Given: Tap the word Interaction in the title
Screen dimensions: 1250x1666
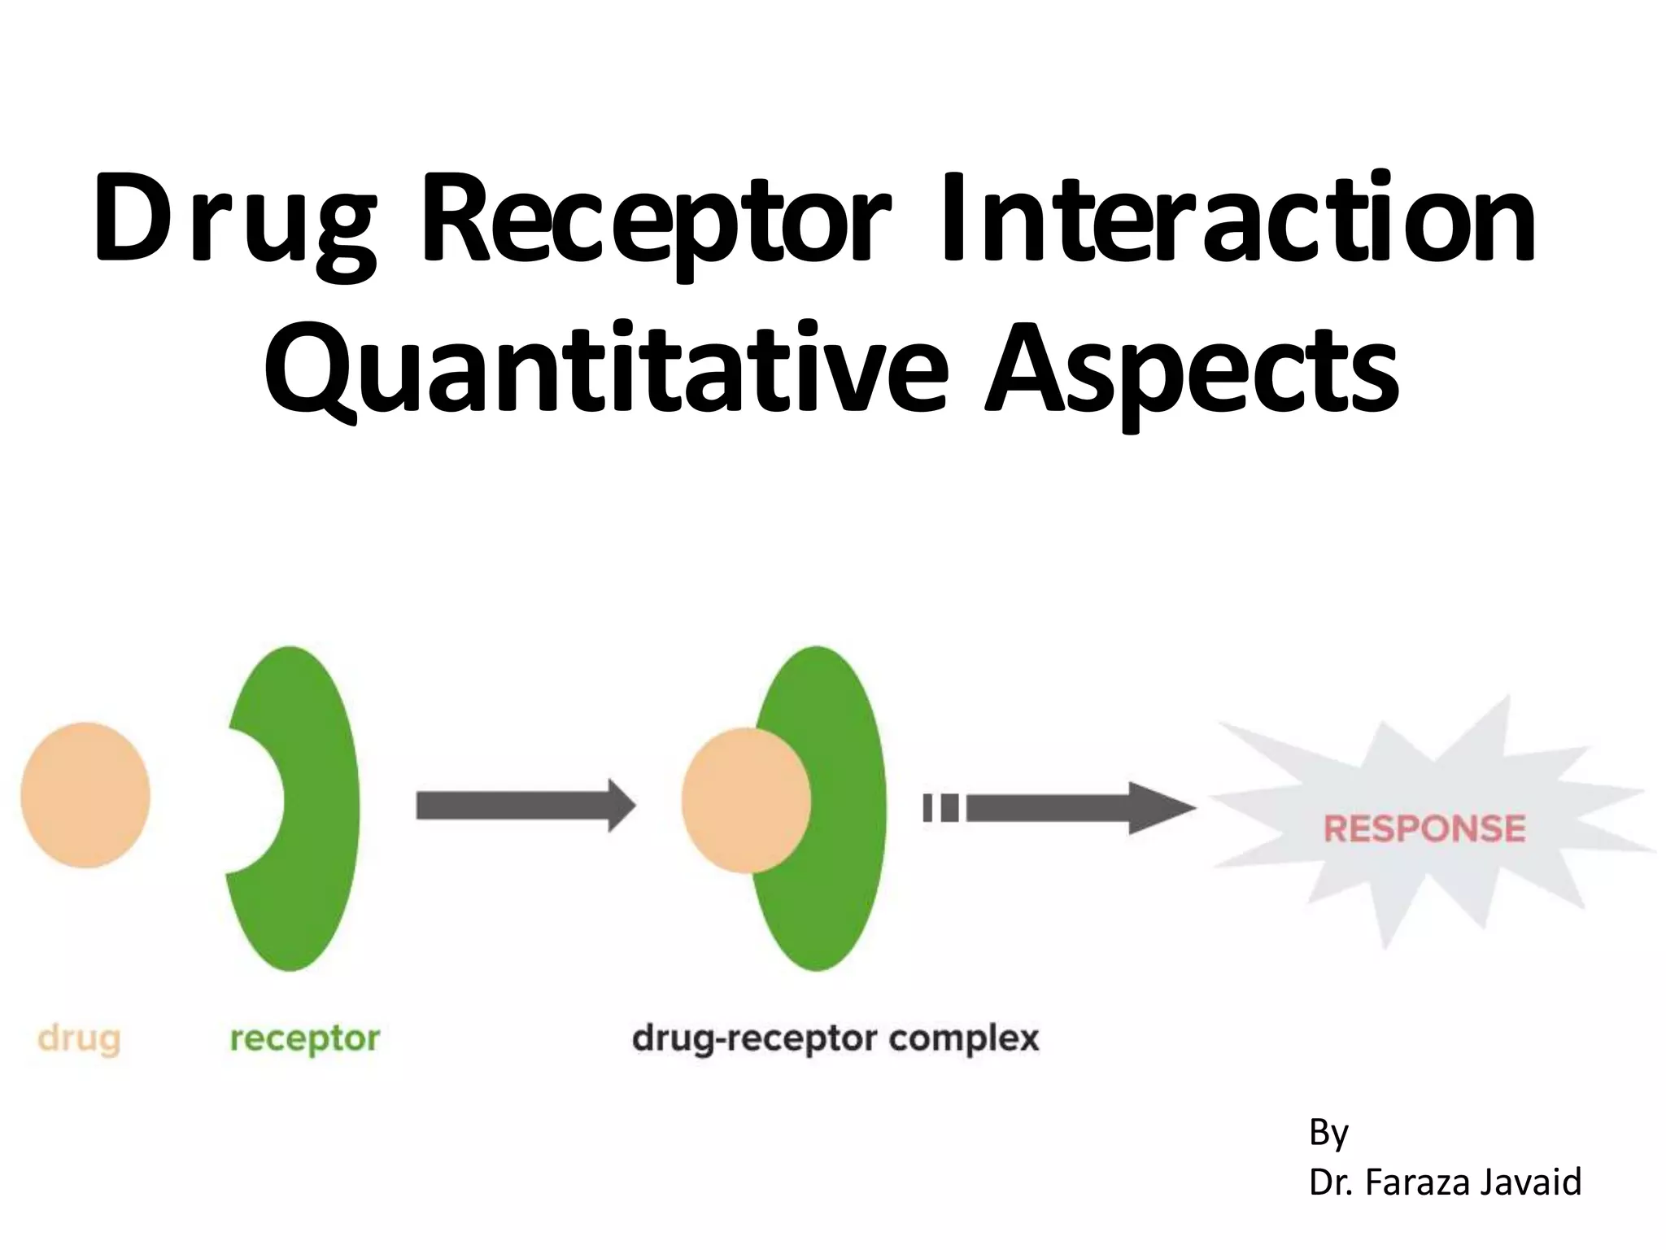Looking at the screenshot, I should (x=1236, y=218).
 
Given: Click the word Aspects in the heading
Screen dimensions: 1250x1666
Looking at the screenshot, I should (x=1192, y=370).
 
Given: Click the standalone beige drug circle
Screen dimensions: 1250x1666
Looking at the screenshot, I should (x=85, y=795).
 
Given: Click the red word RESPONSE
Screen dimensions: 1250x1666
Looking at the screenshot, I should (x=1424, y=829).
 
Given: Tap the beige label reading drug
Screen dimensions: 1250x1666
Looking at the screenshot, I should (x=80, y=1039).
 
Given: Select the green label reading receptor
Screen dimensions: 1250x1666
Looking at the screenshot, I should (x=305, y=1039).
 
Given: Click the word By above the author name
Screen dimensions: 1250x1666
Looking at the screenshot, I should (x=1328, y=1132).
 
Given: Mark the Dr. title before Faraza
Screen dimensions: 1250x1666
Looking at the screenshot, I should (x=1331, y=1182).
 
